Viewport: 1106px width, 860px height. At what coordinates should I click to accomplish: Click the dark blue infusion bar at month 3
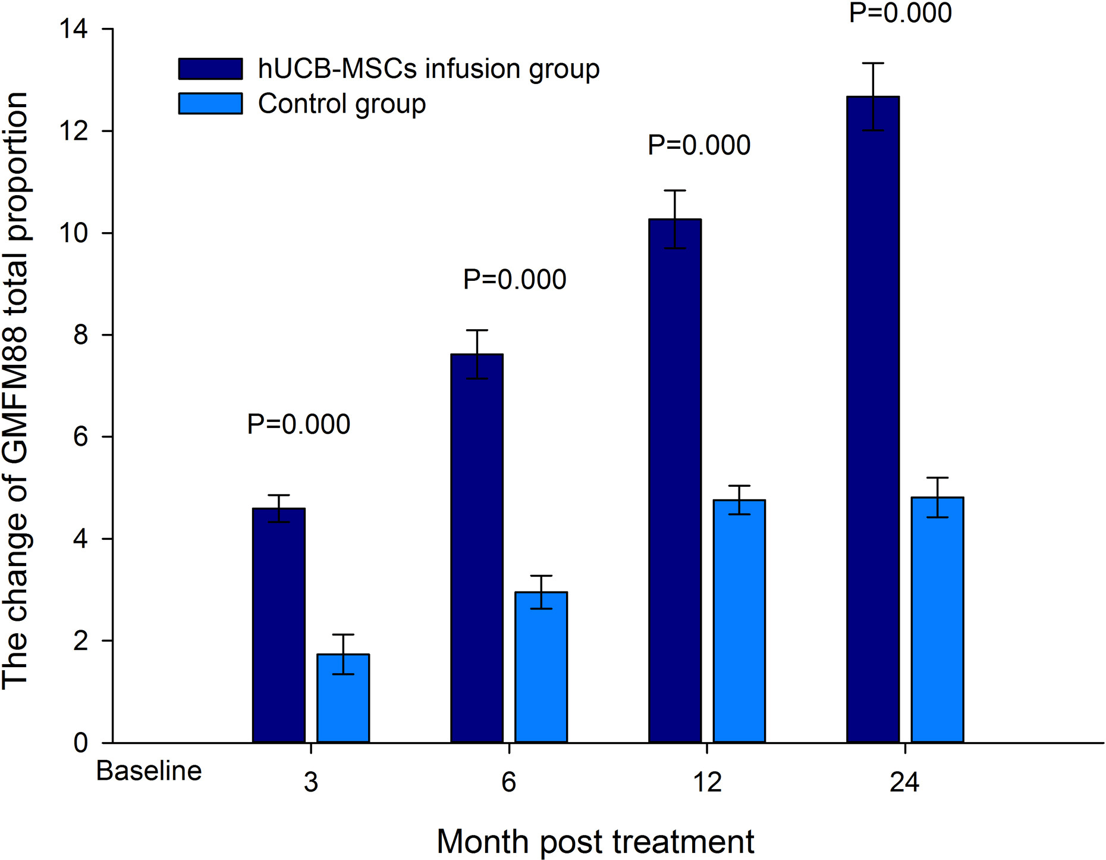[x=278, y=625]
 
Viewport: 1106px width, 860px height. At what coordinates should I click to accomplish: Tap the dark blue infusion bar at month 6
[x=477, y=548]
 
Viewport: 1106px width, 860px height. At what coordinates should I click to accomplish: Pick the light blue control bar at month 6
[x=541, y=667]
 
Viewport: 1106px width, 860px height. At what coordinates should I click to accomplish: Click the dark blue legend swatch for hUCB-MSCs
[x=210, y=68]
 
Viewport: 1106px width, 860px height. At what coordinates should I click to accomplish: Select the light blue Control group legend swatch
[x=210, y=104]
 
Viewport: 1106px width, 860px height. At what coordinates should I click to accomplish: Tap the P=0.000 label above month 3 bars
[x=299, y=424]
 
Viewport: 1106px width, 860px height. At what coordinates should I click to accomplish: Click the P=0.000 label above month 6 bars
[x=514, y=280]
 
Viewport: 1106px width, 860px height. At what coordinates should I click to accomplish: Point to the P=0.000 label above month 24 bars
[x=900, y=13]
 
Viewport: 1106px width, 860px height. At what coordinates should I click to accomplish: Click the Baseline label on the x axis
[x=149, y=771]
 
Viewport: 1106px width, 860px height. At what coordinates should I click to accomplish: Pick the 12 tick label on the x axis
[x=707, y=782]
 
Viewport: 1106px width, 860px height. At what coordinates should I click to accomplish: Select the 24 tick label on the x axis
[x=904, y=782]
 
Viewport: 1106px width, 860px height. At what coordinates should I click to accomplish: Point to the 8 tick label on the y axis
[x=80, y=335]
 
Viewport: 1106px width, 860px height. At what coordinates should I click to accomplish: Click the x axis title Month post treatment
[x=595, y=842]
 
